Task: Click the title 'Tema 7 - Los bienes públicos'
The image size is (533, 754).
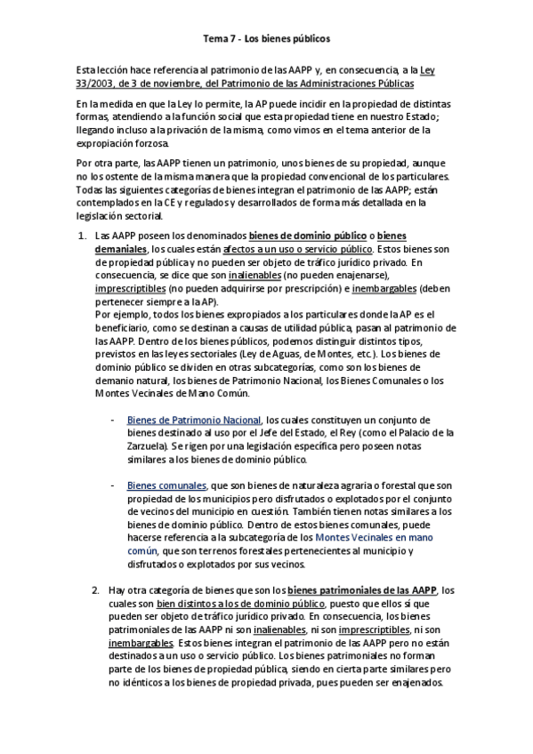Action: point(266,39)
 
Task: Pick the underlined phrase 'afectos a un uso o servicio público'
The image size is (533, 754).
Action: point(298,249)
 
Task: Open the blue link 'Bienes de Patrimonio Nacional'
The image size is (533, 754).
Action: point(194,420)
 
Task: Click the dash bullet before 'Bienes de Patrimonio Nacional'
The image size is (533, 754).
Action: point(112,420)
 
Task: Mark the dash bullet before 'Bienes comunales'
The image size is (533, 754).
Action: point(112,485)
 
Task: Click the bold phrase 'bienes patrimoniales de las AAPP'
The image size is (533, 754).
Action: point(363,590)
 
